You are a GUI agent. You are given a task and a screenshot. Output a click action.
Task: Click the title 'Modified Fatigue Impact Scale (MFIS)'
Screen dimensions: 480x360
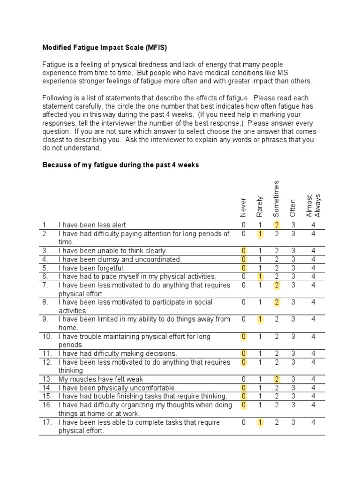pyautogui.click(x=105, y=47)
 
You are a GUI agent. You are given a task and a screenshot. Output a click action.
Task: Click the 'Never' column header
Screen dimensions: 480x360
pyautogui.click(x=243, y=206)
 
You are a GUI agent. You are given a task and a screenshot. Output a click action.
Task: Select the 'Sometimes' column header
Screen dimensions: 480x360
pyautogui.click(x=277, y=198)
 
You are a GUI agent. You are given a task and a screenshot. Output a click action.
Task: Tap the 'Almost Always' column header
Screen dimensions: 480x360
pyautogui.click(x=313, y=205)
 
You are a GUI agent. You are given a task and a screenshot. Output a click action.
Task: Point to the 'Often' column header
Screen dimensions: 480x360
pyautogui.click(x=293, y=208)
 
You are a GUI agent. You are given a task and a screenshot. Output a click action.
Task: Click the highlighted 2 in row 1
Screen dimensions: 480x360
pyautogui.click(x=277, y=225)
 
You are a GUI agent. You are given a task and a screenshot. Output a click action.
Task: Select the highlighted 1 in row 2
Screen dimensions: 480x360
pyautogui.click(x=260, y=233)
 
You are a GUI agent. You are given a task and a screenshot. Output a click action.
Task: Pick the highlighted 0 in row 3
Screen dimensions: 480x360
pyautogui.click(x=244, y=251)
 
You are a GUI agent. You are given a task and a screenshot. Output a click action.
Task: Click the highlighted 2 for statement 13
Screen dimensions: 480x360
pyautogui.click(x=277, y=379)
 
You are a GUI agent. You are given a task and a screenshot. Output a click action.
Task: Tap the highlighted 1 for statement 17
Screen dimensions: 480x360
pyautogui.click(x=260, y=422)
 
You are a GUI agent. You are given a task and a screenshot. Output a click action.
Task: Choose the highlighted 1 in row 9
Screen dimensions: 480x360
pyautogui.click(x=260, y=319)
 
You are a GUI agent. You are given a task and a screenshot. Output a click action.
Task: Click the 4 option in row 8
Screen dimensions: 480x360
pyautogui.click(x=313, y=302)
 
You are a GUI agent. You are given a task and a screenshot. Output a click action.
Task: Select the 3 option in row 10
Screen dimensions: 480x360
pyautogui.click(x=293, y=337)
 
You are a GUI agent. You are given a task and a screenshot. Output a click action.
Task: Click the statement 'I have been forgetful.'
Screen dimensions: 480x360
pyautogui.click(x=92, y=268)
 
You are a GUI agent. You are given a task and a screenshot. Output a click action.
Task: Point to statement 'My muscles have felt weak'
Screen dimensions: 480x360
pyautogui.click(x=101, y=379)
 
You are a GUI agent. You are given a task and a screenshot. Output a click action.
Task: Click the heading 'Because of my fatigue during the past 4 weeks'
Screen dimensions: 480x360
pyautogui.click(x=120, y=165)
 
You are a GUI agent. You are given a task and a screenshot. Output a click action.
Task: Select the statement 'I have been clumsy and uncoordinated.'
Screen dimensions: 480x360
pyautogui.click(x=120, y=259)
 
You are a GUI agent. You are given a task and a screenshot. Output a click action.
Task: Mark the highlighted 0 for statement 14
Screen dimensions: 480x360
pyautogui.click(x=244, y=388)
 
